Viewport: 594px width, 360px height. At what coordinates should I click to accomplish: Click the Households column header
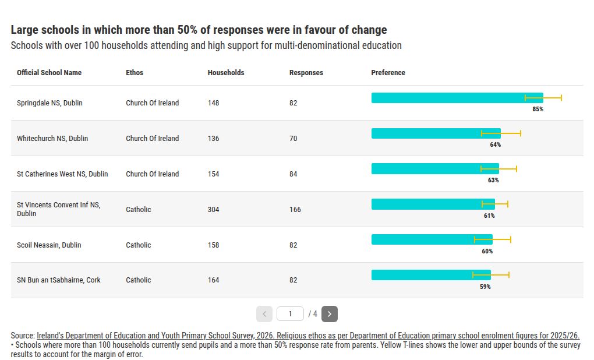click(x=226, y=73)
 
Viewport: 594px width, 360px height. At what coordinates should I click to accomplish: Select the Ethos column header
click(x=135, y=73)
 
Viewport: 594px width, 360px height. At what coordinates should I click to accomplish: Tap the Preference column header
click(x=388, y=73)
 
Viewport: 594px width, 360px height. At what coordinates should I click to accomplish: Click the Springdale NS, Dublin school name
click(x=49, y=103)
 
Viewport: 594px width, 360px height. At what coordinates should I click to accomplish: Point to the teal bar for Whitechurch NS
click(x=436, y=133)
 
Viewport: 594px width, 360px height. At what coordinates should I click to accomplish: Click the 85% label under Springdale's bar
click(x=538, y=109)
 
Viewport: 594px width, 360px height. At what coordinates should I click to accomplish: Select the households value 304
click(x=213, y=210)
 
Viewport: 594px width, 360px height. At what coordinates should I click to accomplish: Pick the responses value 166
click(x=295, y=210)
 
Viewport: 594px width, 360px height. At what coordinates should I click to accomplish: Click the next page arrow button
click(x=330, y=314)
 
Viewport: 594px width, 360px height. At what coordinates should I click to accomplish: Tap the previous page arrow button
click(x=264, y=314)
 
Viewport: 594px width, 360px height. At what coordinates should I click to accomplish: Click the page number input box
click(x=290, y=314)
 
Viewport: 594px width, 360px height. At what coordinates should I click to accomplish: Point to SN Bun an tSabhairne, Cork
click(x=59, y=280)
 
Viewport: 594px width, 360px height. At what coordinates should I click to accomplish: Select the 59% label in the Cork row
click(x=485, y=287)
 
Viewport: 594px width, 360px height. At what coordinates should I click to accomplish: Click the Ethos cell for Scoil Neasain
click(x=138, y=245)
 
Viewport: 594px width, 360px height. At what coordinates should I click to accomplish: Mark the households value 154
click(x=213, y=174)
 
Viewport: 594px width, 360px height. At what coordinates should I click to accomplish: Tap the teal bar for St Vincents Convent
click(x=433, y=204)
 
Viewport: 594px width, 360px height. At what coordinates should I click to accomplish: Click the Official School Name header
click(x=49, y=73)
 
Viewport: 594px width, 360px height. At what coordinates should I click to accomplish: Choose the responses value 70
click(x=293, y=139)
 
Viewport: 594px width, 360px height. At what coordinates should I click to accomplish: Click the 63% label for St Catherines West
click(x=493, y=181)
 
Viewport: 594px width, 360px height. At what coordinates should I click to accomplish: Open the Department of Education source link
click(x=308, y=336)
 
